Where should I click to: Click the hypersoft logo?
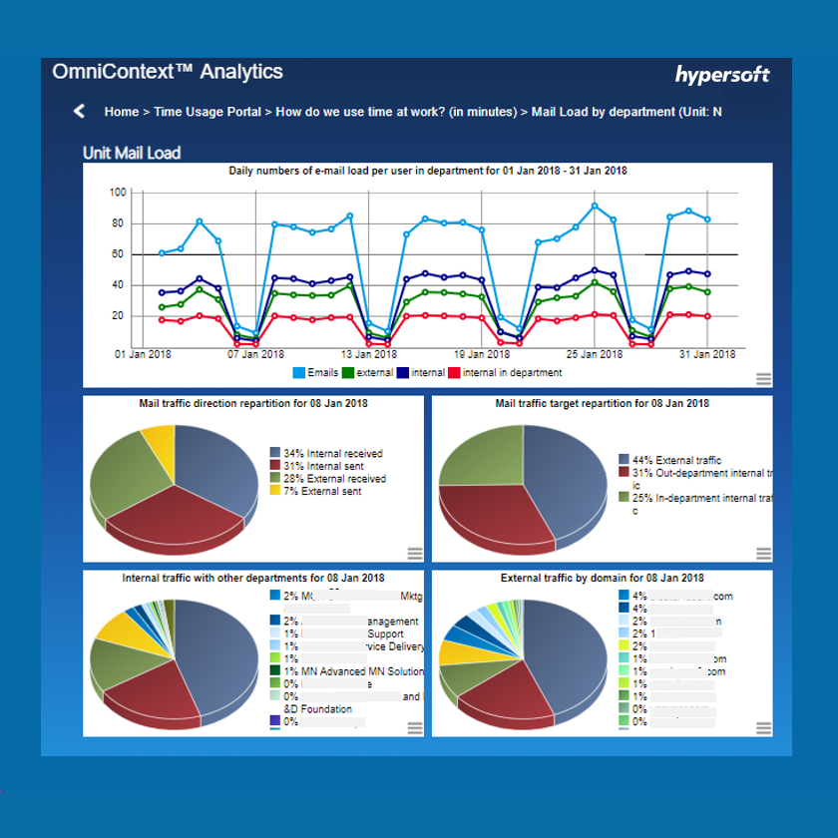tap(722, 75)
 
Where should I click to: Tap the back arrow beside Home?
tap(80, 111)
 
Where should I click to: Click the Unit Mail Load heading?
tap(132, 154)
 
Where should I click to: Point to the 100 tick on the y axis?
tap(118, 193)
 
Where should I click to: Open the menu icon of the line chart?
tap(763, 378)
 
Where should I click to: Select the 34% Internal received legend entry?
tap(325, 454)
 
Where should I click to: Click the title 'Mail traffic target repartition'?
tap(602, 404)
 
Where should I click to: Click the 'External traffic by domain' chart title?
tap(602, 579)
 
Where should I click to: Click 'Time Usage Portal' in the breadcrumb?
tap(208, 112)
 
